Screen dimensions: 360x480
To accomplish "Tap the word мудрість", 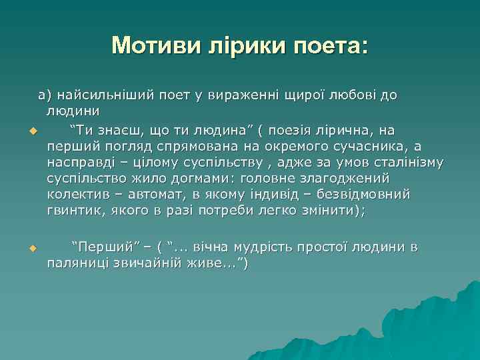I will (x=272, y=247).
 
